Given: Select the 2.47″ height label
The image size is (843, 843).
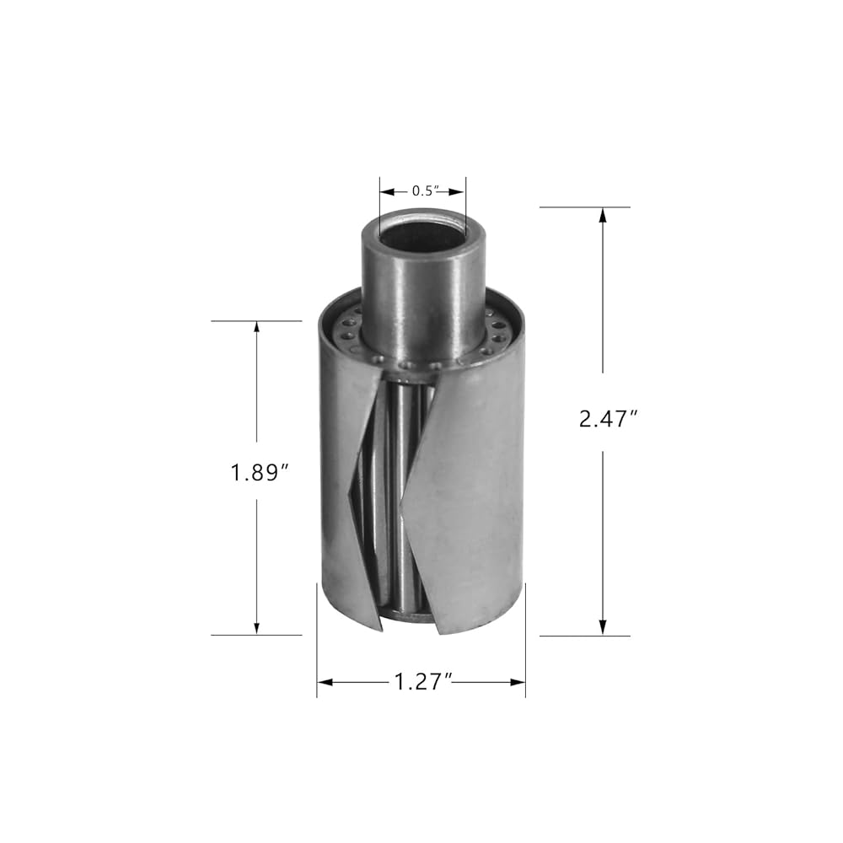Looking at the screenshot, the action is pyautogui.click(x=608, y=419).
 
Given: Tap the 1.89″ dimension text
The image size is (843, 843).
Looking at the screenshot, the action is pyautogui.click(x=260, y=474).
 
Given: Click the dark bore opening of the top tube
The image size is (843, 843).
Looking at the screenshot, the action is pyautogui.click(x=422, y=236).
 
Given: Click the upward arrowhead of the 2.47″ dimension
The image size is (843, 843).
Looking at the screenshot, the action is pyautogui.click(x=603, y=215).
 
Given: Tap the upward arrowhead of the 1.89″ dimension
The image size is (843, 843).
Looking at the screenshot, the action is pyautogui.click(x=256, y=329).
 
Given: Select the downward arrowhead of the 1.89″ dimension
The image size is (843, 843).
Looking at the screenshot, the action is pyautogui.click(x=256, y=627).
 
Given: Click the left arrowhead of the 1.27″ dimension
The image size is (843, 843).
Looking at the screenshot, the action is pyautogui.click(x=325, y=682).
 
